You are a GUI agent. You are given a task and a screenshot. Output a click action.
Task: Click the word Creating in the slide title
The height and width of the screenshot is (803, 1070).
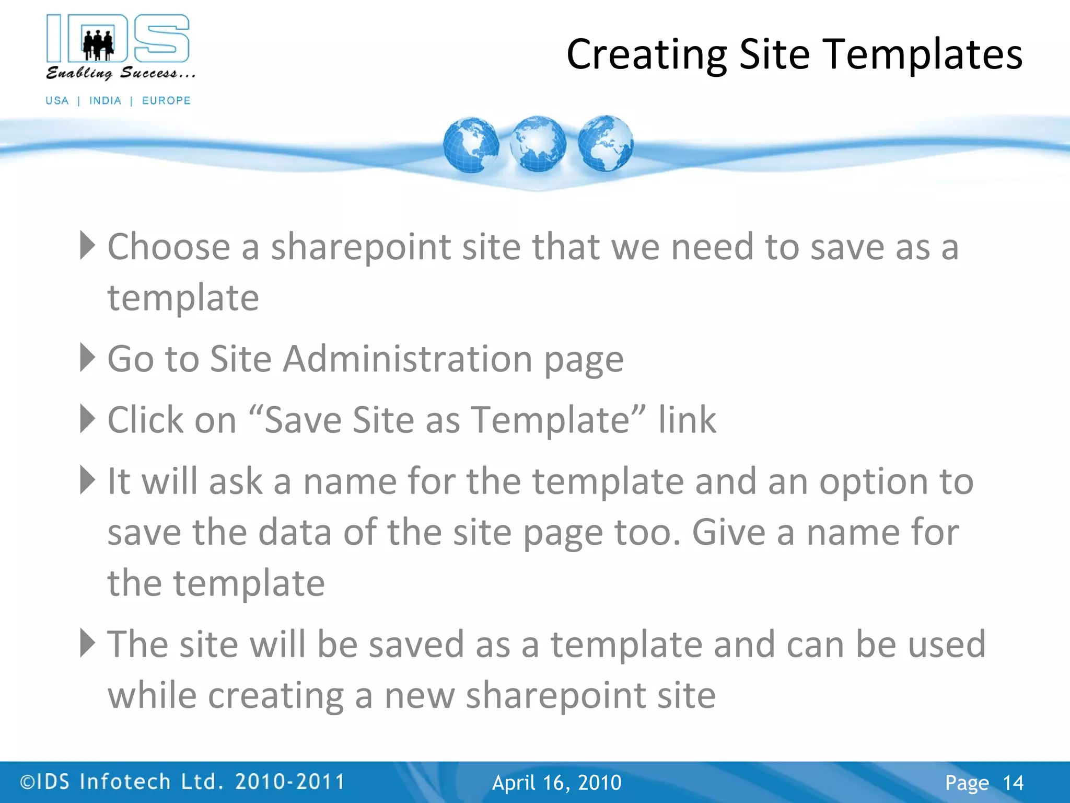(x=646, y=54)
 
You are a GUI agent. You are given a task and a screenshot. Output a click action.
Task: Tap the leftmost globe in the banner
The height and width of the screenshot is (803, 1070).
(x=471, y=145)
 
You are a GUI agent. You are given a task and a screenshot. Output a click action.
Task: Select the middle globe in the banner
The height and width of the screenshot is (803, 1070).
(x=538, y=144)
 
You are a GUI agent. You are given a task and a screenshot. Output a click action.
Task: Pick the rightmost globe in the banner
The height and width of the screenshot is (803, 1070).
(x=606, y=143)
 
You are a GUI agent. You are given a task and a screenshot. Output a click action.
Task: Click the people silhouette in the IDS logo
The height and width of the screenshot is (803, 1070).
(x=98, y=44)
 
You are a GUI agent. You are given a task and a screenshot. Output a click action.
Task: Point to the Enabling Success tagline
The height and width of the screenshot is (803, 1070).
(x=120, y=73)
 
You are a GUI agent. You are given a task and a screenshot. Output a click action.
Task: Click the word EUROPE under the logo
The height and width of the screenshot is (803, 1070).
(x=166, y=100)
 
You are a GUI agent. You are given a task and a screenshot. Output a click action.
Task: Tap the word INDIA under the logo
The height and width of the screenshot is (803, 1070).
(x=105, y=100)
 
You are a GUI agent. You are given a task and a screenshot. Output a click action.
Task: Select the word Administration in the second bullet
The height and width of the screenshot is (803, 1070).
(x=408, y=359)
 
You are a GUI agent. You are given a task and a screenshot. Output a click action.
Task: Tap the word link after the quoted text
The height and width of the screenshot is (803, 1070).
(x=687, y=420)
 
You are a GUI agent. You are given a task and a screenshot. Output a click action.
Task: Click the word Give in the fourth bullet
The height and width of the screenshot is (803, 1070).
(x=729, y=532)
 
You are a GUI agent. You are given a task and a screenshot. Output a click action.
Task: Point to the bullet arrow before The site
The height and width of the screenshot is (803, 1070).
(x=87, y=643)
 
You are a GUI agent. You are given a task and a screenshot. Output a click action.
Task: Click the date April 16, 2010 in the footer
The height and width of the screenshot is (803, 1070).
(x=557, y=783)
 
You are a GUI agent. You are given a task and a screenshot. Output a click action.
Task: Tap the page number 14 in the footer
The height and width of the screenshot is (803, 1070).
(x=1013, y=783)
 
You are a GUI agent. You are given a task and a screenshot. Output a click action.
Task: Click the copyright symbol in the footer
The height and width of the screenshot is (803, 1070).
(x=27, y=782)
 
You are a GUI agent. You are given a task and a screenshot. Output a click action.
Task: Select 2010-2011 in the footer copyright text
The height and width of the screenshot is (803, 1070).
(x=290, y=782)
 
